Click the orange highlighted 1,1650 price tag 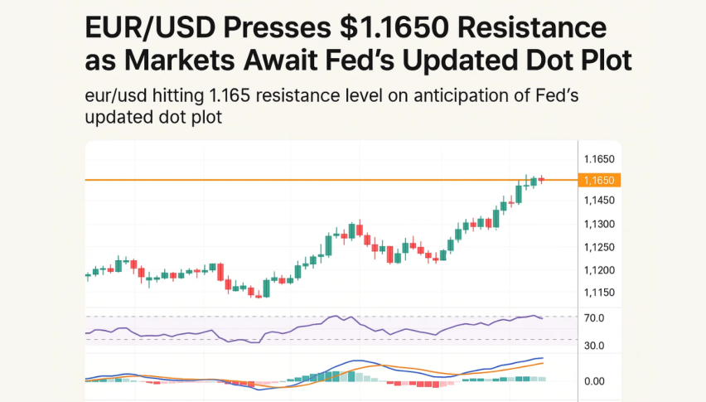pyautogui.click(x=599, y=180)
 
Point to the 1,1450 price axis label pyautogui.click(x=598, y=201)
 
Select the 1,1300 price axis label pyautogui.click(x=598, y=224)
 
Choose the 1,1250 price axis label pyautogui.click(x=598, y=248)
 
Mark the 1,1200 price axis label pyautogui.click(x=598, y=270)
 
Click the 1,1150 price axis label pyautogui.click(x=598, y=293)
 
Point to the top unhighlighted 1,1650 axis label pyautogui.click(x=598, y=158)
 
